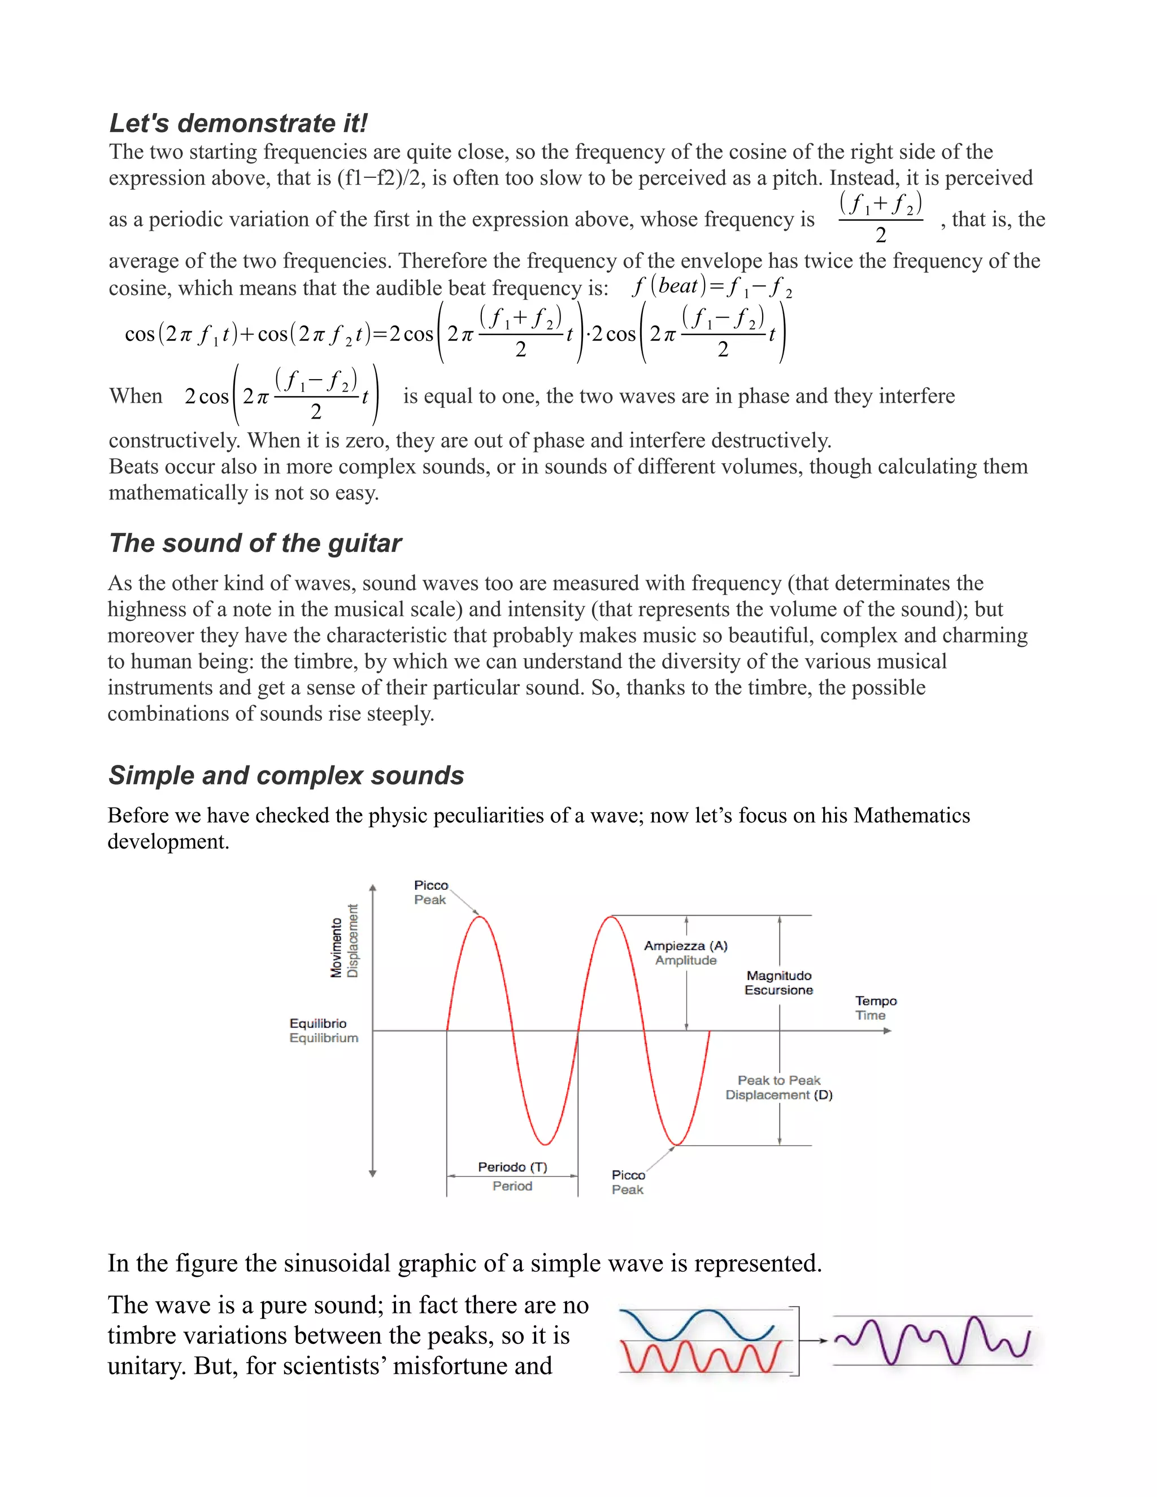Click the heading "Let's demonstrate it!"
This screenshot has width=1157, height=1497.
click(x=238, y=123)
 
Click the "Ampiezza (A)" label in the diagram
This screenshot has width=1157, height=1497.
click(x=685, y=945)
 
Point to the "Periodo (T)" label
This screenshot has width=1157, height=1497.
click(x=512, y=1167)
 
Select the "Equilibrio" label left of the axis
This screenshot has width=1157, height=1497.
click(x=318, y=1024)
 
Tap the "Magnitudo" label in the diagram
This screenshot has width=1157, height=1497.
click(x=778, y=976)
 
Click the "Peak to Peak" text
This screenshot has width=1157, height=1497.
click(x=778, y=1080)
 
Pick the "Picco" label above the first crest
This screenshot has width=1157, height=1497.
click(x=430, y=886)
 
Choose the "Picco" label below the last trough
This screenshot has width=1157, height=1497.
click(x=628, y=1175)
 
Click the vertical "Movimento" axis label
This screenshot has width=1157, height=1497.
click(x=337, y=947)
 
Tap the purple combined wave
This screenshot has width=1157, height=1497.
click(x=932, y=1340)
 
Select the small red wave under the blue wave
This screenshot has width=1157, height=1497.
click(x=699, y=1357)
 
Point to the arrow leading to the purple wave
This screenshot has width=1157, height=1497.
click(x=814, y=1341)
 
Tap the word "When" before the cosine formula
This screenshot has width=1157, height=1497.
click(x=136, y=396)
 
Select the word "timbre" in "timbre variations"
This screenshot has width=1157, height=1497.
click(x=144, y=1336)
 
